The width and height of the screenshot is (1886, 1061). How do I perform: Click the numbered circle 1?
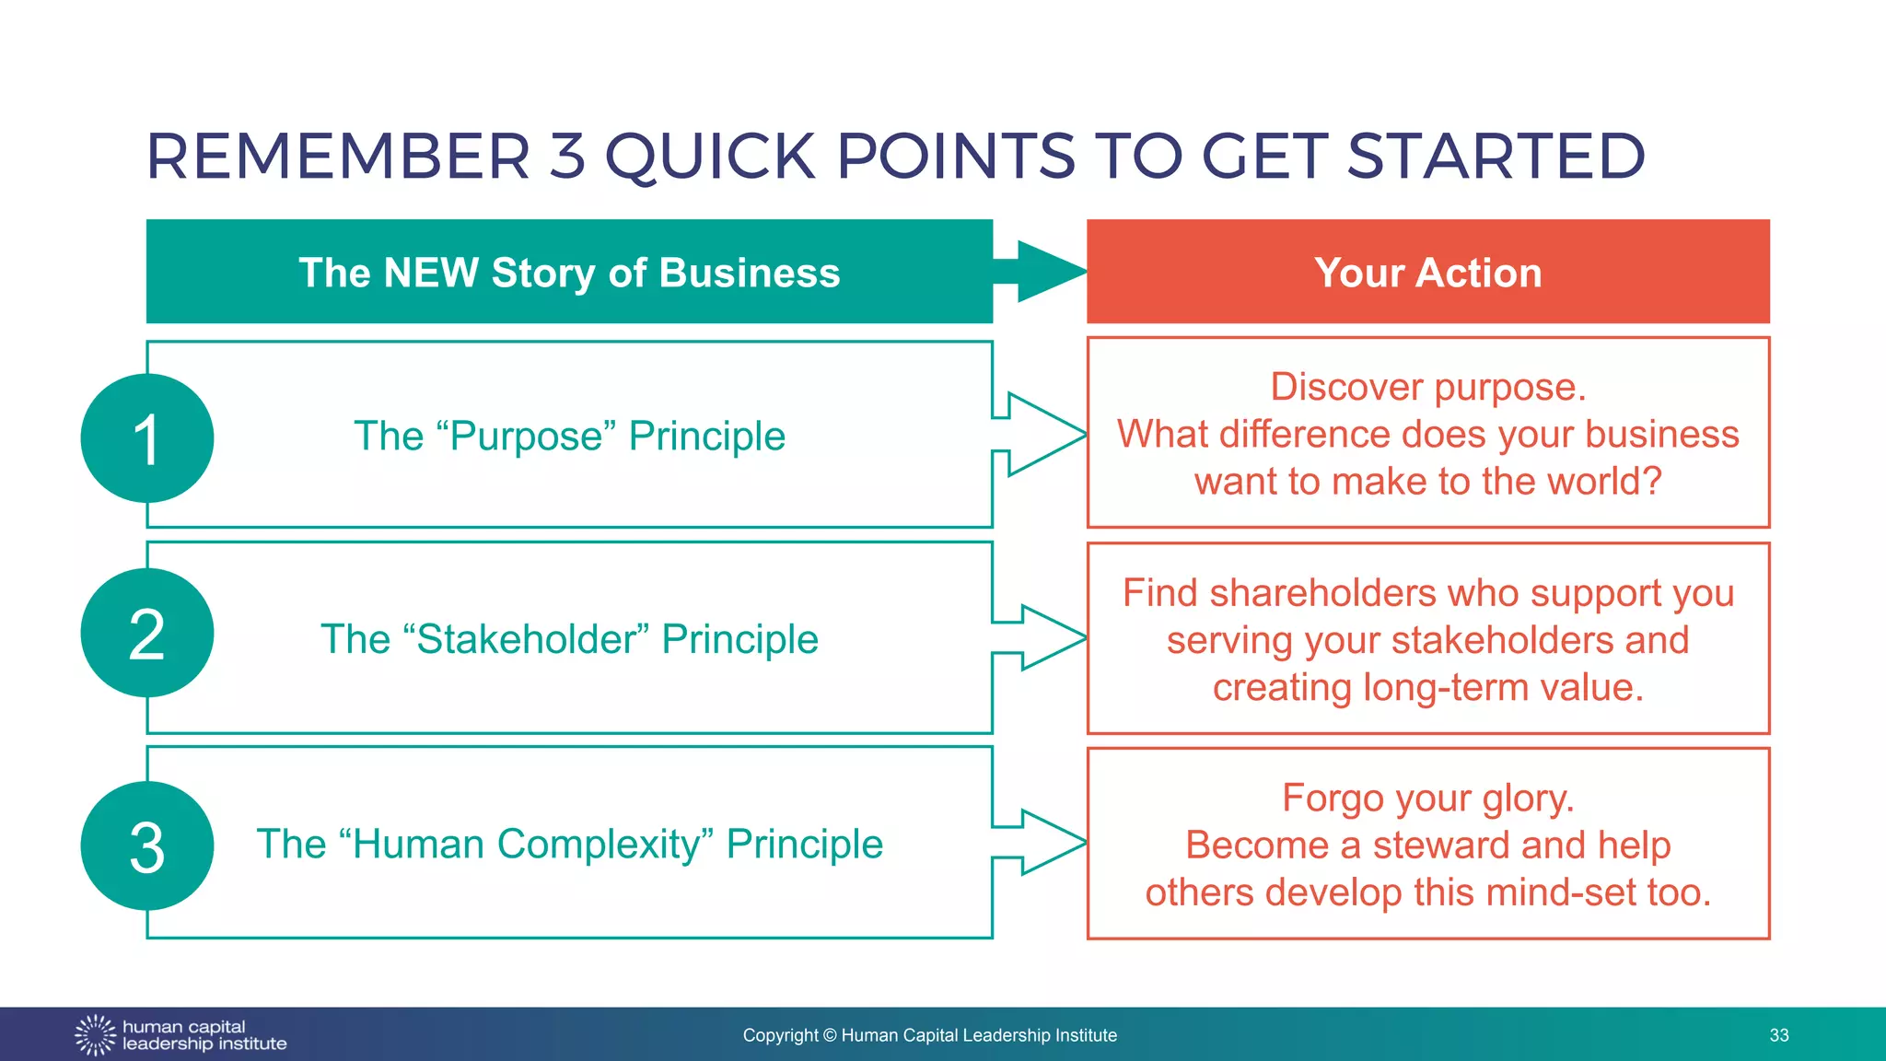147,438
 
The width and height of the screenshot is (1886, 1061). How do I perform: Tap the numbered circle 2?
147,634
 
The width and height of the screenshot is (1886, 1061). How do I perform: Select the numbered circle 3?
147,846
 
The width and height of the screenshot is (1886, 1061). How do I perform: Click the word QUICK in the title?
709,157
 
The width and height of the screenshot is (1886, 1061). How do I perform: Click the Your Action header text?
1427,273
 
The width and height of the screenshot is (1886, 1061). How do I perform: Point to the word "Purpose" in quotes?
531,436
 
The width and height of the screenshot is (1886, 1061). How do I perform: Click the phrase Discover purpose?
1427,387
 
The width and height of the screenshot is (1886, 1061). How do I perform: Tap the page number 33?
1778,1035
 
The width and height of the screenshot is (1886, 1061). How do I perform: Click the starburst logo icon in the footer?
95,1035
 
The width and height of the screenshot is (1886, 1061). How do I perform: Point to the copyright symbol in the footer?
829,1035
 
